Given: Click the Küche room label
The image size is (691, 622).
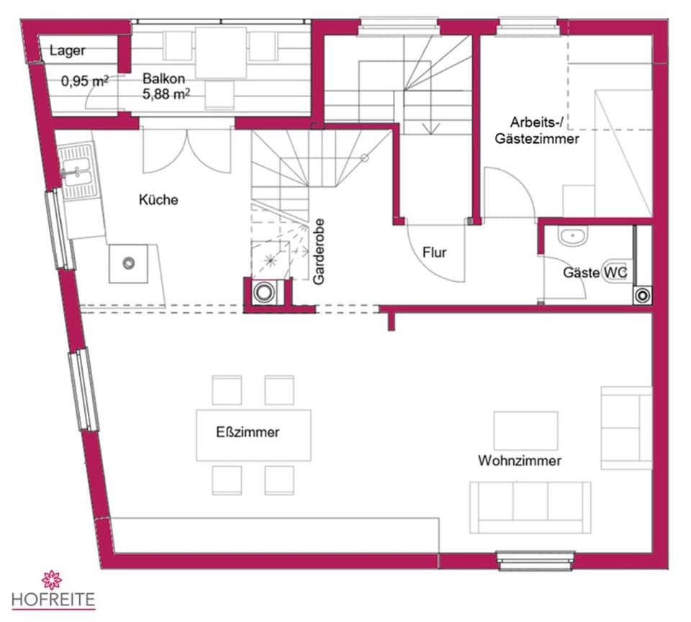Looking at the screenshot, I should pyautogui.click(x=158, y=201).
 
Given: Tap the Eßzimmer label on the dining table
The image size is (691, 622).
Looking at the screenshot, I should pyautogui.click(x=248, y=433).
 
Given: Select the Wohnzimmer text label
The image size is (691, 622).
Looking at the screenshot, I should pyautogui.click(x=519, y=461).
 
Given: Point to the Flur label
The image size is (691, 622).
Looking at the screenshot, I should pyautogui.click(x=435, y=252).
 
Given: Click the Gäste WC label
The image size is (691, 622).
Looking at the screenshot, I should pyautogui.click(x=595, y=273).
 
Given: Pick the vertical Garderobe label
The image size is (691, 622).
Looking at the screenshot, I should pyautogui.click(x=320, y=251).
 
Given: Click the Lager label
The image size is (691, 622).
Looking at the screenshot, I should pyautogui.click(x=68, y=51).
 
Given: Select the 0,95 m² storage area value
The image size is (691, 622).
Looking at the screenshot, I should pyautogui.click(x=85, y=81).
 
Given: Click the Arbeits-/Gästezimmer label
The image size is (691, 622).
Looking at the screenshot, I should pyautogui.click(x=536, y=130).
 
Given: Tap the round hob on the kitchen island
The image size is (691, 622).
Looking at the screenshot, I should pyautogui.click(x=130, y=263).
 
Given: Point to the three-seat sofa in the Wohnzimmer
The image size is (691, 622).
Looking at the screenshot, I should pyautogui.click(x=530, y=506).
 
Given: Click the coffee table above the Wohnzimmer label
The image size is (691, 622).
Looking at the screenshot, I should pyautogui.click(x=525, y=430).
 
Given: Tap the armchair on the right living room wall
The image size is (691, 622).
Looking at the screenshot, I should pyautogui.click(x=625, y=428).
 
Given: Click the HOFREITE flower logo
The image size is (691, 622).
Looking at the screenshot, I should pyautogui.click(x=53, y=580).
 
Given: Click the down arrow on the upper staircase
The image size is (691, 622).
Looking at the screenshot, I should pyautogui.click(x=431, y=129).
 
